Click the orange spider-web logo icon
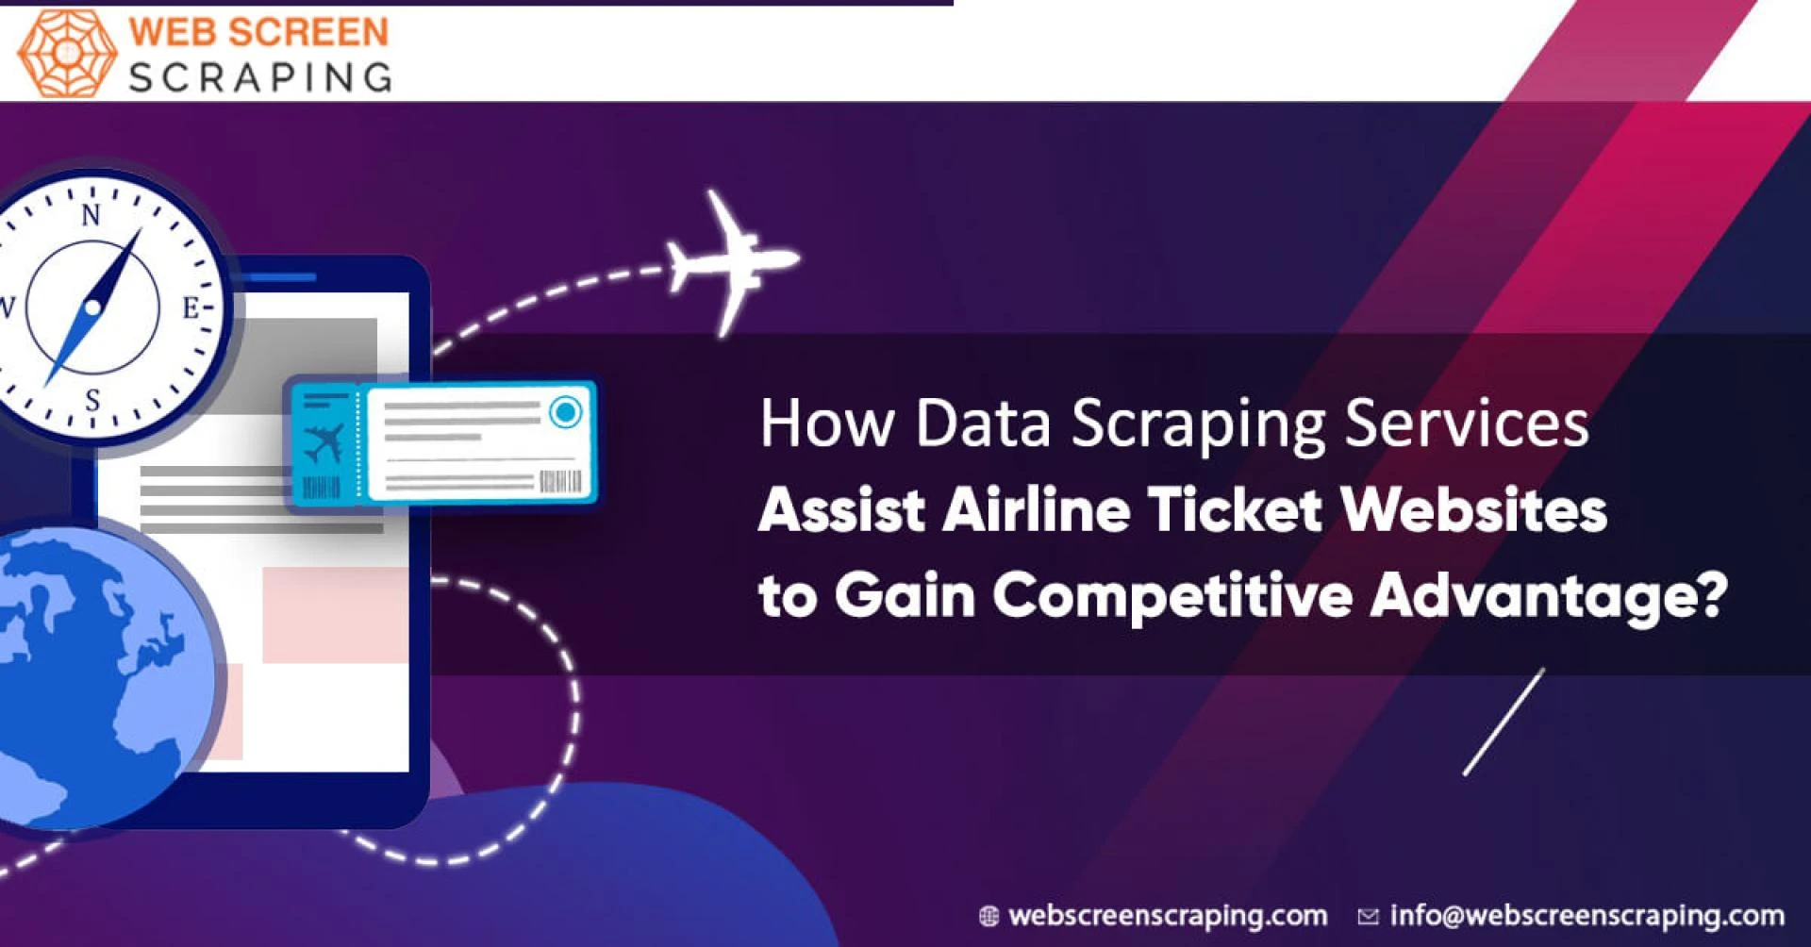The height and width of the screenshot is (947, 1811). [67, 53]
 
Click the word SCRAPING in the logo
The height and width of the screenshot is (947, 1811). [260, 77]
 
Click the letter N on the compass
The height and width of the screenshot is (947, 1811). [91, 215]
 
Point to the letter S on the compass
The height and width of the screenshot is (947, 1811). [92, 400]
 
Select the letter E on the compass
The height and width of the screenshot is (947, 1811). [191, 307]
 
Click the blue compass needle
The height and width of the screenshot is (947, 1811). [93, 307]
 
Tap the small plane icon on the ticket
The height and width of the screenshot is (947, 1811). [324, 443]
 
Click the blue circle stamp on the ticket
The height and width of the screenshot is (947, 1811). [566, 412]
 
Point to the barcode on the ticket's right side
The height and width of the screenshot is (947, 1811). [559, 482]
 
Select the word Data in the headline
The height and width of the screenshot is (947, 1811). [982, 423]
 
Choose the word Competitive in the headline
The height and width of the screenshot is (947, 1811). [1172, 597]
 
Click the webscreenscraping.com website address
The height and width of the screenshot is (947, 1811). [1168, 915]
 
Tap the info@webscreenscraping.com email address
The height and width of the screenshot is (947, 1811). [1587, 915]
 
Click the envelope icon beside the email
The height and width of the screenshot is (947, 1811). [1368, 916]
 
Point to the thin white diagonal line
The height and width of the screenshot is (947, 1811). [1504, 723]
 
